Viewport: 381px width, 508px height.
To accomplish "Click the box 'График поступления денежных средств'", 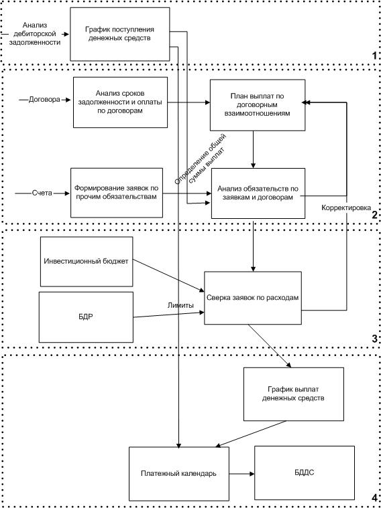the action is pos(120,34).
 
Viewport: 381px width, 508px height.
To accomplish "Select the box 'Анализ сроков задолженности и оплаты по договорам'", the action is pos(120,102).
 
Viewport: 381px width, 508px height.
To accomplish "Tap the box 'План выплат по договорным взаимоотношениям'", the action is pos(258,105).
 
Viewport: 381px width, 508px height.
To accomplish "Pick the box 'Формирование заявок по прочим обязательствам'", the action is pos(117,193).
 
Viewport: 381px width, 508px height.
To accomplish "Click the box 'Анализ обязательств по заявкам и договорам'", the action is pos(258,193).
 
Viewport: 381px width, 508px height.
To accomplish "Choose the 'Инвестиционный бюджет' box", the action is pos(87,262).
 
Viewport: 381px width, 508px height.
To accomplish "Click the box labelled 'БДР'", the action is pos(86,317).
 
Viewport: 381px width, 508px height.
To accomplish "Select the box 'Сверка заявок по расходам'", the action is pos(253,298).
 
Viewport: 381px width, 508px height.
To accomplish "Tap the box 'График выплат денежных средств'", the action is pos(294,394).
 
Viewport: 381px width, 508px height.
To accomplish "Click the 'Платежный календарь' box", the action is pos(179,473).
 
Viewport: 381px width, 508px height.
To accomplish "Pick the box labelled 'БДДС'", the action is pos(305,473).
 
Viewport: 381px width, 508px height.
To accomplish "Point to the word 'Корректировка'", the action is pos(346,207).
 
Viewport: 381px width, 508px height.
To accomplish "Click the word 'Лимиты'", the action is pos(180,305).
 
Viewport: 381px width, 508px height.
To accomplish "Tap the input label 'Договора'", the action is pos(44,100).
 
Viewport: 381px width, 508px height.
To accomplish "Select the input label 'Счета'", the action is pos(42,193).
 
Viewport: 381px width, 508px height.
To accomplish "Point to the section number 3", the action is pos(374,339).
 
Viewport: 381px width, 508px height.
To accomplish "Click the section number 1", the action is pos(374,56).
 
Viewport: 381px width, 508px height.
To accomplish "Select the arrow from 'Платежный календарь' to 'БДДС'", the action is pos(241,473).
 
